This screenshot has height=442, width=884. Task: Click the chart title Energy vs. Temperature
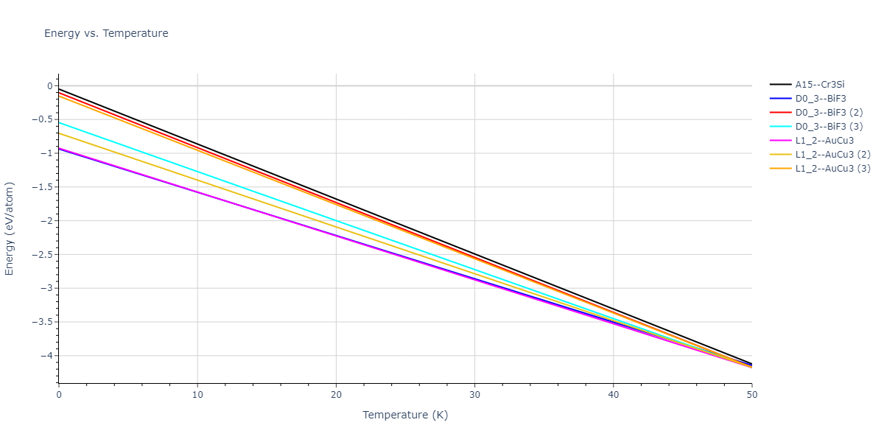106,33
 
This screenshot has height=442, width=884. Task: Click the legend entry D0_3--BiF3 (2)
829,113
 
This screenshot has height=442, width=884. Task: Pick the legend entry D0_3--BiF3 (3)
829,127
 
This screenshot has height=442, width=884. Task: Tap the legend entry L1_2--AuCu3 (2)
832,155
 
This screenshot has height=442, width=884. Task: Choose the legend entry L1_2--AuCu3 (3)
832,169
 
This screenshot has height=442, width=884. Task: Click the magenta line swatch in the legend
780,141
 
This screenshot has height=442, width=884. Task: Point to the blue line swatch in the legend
780,99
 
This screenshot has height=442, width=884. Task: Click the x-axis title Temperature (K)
405,415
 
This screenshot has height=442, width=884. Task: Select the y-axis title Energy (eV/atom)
10,228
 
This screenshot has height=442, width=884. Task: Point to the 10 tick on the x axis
197,395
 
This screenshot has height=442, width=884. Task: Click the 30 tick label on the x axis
474,395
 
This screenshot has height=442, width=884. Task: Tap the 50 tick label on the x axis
751,395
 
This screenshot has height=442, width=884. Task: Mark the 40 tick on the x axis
613,395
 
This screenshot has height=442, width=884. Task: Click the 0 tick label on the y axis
49,86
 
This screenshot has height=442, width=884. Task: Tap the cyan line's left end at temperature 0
59,122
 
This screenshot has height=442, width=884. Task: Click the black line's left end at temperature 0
59,88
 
